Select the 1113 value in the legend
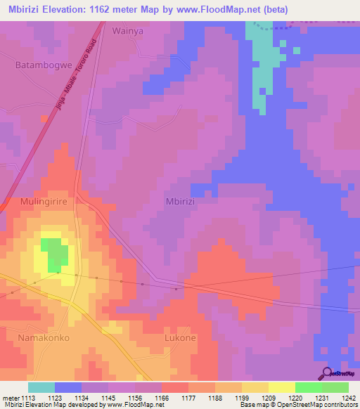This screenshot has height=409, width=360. [30, 398]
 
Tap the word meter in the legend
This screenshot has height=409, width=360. [11, 398]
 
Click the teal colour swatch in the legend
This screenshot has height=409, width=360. [41, 387]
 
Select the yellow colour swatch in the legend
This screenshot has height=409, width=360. [282, 387]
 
